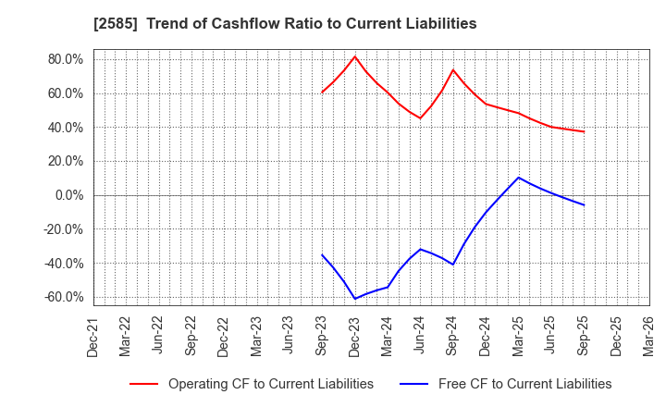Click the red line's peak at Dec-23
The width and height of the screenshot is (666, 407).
[354, 56]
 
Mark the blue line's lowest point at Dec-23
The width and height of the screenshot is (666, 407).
[354, 299]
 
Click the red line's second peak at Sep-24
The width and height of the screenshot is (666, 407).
[453, 69]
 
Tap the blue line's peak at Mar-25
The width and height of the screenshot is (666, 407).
[518, 178]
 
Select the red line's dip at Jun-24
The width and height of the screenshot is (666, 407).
[420, 117]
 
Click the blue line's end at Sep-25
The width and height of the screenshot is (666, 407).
[584, 204]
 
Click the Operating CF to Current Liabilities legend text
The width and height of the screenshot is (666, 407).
[270, 384]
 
